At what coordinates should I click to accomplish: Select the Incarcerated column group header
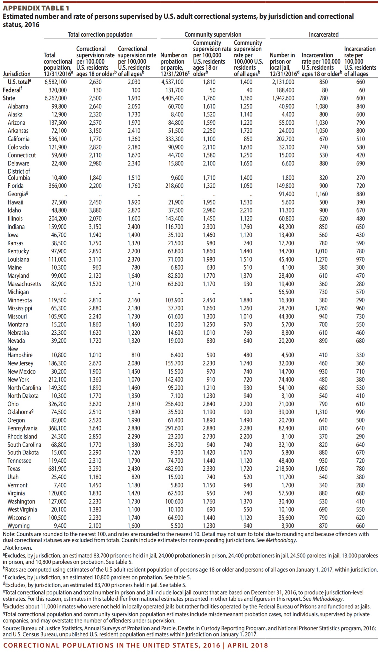[x=324, y=34]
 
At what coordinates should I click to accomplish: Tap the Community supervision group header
[x=213, y=34]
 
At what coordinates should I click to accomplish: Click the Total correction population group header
[x=100, y=34]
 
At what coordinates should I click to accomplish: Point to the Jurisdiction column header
[x=16, y=74]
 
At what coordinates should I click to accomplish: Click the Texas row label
[x=14, y=469]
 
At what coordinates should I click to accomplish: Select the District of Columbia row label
[x=19, y=175]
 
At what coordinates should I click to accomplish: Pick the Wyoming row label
[x=18, y=526]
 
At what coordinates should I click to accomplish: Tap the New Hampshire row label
[x=20, y=352]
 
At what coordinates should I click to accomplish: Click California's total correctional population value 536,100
[x=57, y=139]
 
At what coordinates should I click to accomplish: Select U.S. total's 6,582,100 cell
[x=56, y=82]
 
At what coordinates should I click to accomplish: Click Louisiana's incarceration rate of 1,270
[x=321, y=260]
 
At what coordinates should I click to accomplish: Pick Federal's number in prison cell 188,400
[x=285, y=90]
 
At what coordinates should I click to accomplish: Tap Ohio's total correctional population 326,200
[x=57, y=404]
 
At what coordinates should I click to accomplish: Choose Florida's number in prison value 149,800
[x=285, y=186]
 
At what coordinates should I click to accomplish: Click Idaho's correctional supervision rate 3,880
[x=95, y=210]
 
